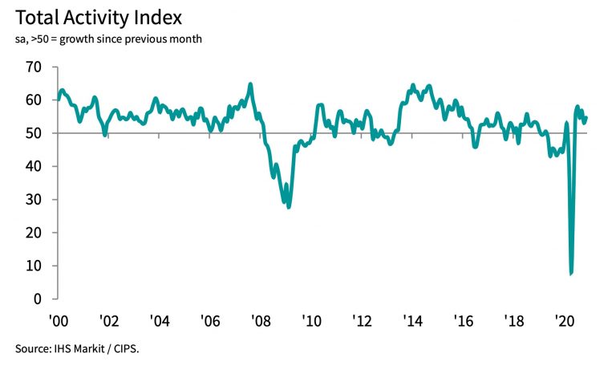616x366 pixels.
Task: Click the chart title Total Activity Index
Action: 103,17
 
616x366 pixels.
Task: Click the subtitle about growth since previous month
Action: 103,39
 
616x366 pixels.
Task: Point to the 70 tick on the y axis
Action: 34,67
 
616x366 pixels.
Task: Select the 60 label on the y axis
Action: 34,100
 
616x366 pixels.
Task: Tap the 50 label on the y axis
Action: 34,133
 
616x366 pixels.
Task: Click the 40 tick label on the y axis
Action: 34,166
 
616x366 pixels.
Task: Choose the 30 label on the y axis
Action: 34,200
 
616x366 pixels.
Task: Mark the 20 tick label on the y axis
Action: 34,233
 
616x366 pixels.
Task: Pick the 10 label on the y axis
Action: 34,266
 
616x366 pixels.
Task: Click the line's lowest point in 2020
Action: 571,274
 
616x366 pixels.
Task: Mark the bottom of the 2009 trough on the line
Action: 289,207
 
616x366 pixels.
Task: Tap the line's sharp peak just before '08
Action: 250,84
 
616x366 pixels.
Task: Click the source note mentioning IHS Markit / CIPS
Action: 82,348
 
